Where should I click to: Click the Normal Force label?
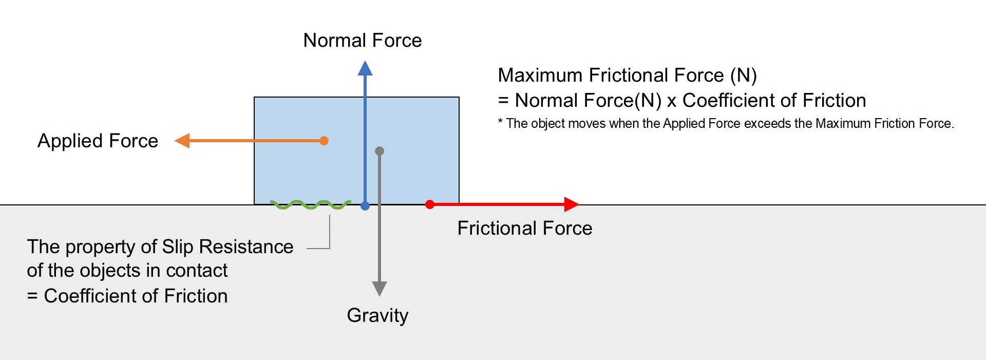coord(362,41)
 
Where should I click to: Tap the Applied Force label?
coord(98,141)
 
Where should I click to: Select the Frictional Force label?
coord(524,229)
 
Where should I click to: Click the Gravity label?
coord(377,315)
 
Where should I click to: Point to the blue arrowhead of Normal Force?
coord(365,68)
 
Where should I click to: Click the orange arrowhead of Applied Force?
coord(182,141)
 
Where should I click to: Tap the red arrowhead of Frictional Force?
coord(571,204)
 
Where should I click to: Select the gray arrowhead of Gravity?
coord(380,288)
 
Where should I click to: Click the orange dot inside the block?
coord(324,141)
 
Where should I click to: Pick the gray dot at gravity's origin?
coord(380,151)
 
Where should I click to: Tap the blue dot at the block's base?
coord(365,206)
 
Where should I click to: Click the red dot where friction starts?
coord(430,204)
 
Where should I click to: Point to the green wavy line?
coord(310,205)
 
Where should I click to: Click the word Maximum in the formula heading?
coord(540,75)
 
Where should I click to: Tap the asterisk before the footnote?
coord(500,123)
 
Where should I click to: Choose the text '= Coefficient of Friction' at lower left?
coord(127,296)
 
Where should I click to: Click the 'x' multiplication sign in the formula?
coord(671,101)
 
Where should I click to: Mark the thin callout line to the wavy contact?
coord(329,234)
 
